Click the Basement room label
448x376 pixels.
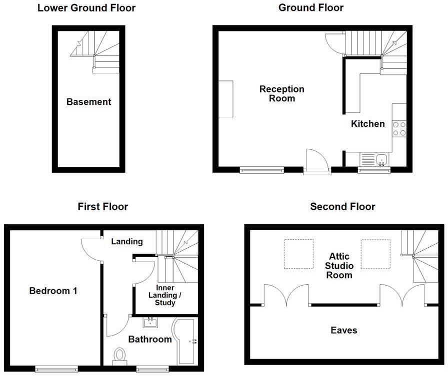point(88,102)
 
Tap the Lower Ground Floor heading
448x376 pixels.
point(86,8)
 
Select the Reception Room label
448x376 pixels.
point(281,93)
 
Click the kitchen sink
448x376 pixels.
point(381,160)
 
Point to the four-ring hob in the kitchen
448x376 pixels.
point(399,129)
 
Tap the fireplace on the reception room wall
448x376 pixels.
point(226,99)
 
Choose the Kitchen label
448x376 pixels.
point(367,124)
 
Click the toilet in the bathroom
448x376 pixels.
point(119,357)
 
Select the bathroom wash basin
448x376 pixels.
point(150,323)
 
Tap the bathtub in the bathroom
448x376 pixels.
point(185,342)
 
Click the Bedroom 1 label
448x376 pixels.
point(53,291)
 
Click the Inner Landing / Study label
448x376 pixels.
point(165,295)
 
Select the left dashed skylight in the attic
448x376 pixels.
point(298,254)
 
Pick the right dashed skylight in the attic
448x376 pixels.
point(375,254)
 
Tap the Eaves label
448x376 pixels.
point(344,331)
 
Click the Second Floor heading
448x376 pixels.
point(342,207)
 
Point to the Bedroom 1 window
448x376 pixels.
point(56,369)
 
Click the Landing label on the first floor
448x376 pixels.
point(127,242)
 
